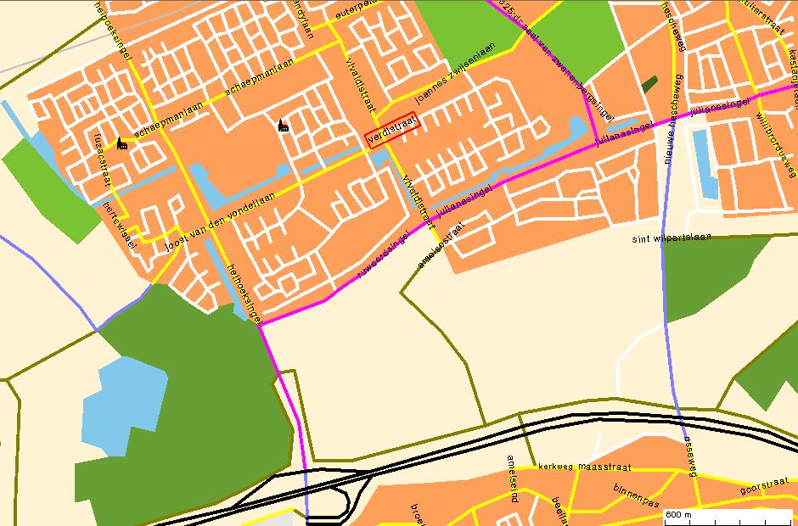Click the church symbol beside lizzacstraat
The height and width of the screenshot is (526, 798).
pos(121,143)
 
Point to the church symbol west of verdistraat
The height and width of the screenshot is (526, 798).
pos(283,126)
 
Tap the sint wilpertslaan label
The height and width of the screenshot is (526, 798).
pos(672,238)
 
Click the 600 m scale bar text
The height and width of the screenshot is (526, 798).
pos(679,515)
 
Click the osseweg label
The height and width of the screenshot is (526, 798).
pos(689,458)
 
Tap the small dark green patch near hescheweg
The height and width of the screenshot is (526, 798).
pos(650,84)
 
